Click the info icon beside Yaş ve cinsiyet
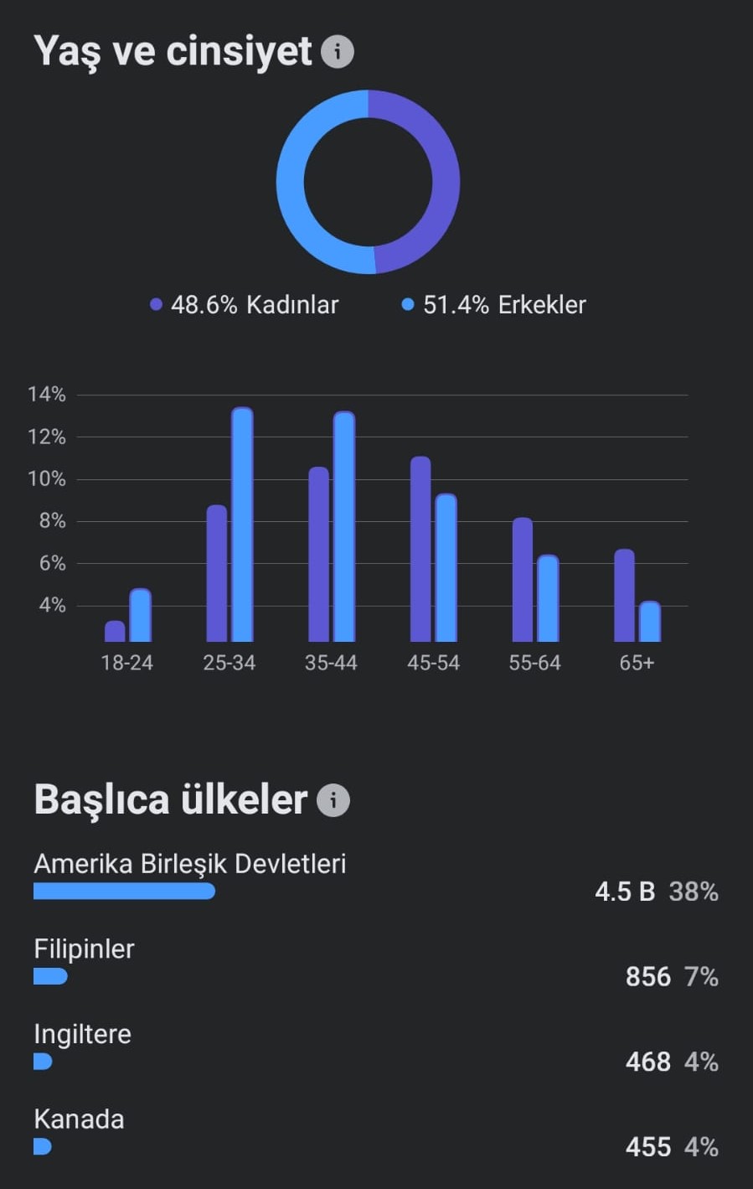[337, 51]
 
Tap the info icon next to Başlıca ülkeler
[333, 800]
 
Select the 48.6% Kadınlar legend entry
[244, 305]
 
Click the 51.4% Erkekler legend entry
[494, 305]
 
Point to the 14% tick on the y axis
[47, 395]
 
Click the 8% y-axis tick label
[52, 521]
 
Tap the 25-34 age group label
[230, 663]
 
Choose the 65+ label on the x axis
[637, 663]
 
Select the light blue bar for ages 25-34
[243, 525]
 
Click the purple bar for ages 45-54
[420, 549]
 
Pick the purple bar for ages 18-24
[115, 631]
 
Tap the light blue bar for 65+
[650, 622]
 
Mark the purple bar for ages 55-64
[522, 580]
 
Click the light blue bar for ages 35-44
[344, 526]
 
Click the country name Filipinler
[84, 949]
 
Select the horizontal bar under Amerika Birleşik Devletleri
[124, 891]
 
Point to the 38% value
[694, 892]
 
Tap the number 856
[648, 977]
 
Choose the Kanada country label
[79, 1119]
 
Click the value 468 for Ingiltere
[648, 1062]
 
